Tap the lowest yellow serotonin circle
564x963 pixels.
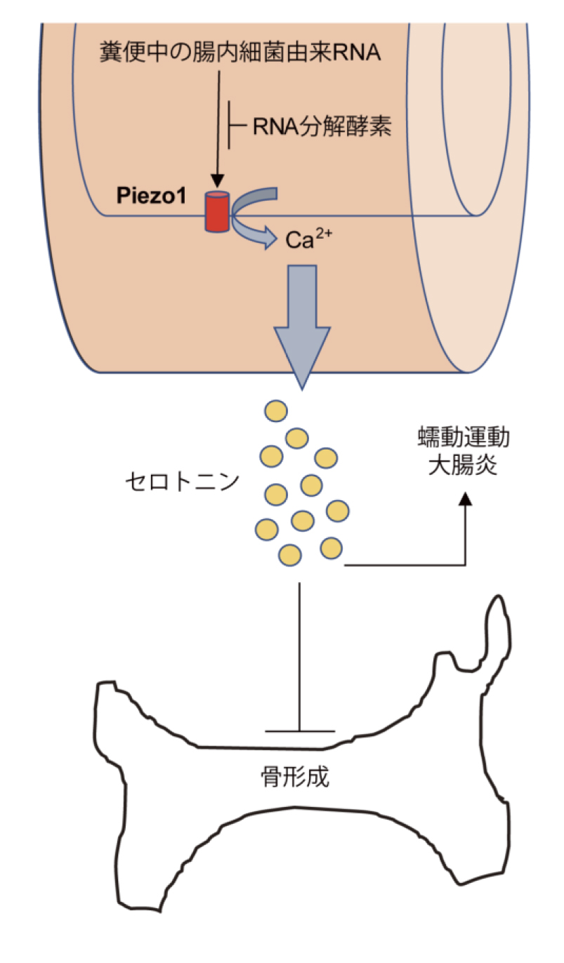click(290, 555)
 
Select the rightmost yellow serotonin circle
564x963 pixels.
click(338, 511)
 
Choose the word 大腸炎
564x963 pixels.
click(461, 466)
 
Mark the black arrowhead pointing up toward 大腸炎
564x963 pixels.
click(464, 499)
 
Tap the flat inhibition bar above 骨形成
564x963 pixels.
click(300, 731)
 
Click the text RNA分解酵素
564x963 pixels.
click(321, 127)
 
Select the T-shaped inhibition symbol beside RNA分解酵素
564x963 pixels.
click(232, 126)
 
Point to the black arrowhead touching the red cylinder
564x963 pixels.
click(217, 183)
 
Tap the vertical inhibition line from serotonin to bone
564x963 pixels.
click(300, 653)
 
